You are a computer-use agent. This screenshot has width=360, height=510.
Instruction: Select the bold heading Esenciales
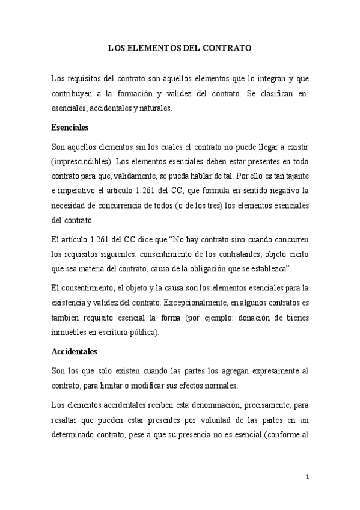pyautogui.click(x=70, y=127)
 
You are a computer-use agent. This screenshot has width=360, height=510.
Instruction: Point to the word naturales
pyautogui.click(x=137, y=109)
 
